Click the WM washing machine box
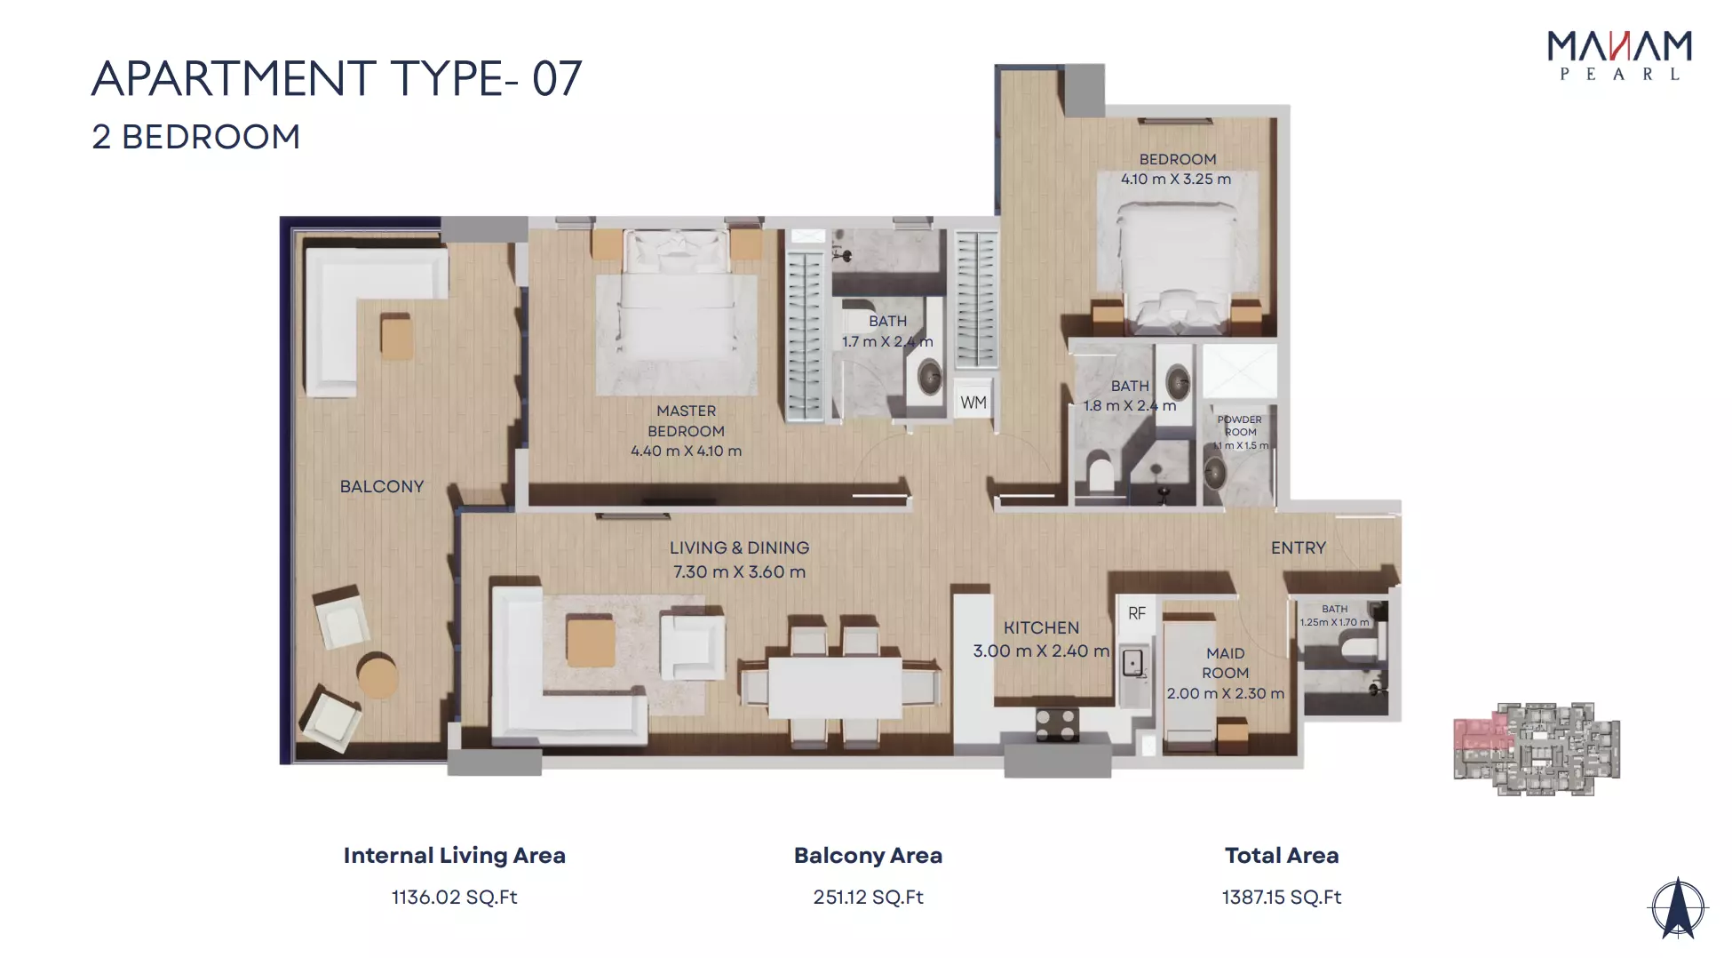click(x=973, y=402)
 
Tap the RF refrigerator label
click(x=1137, y=613)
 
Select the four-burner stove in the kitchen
click(x=1057, y=723)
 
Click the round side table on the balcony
click(x=377, y=675)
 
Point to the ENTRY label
click(x=1298, y=547)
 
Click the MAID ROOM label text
click(x=1226, y=663)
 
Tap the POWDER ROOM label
click(x=1240, y=426)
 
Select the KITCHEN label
click(x=1041, y=627)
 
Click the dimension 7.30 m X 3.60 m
click(x=739, y=571)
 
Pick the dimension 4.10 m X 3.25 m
click(x=1176, y=179)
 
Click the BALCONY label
click(x=382, y=486)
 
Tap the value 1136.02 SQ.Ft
click(x=454, y=898)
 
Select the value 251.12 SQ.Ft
click(x=868, y=898)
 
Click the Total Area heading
click(x=1281, y=855)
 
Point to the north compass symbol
click(x=1677, y=908)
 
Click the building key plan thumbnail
click(x=1537, y=748)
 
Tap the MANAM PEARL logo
click(x=1619, y=55)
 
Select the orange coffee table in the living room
click(x=591, y=642)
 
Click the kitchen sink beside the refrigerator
click(x=1133, y=663)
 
